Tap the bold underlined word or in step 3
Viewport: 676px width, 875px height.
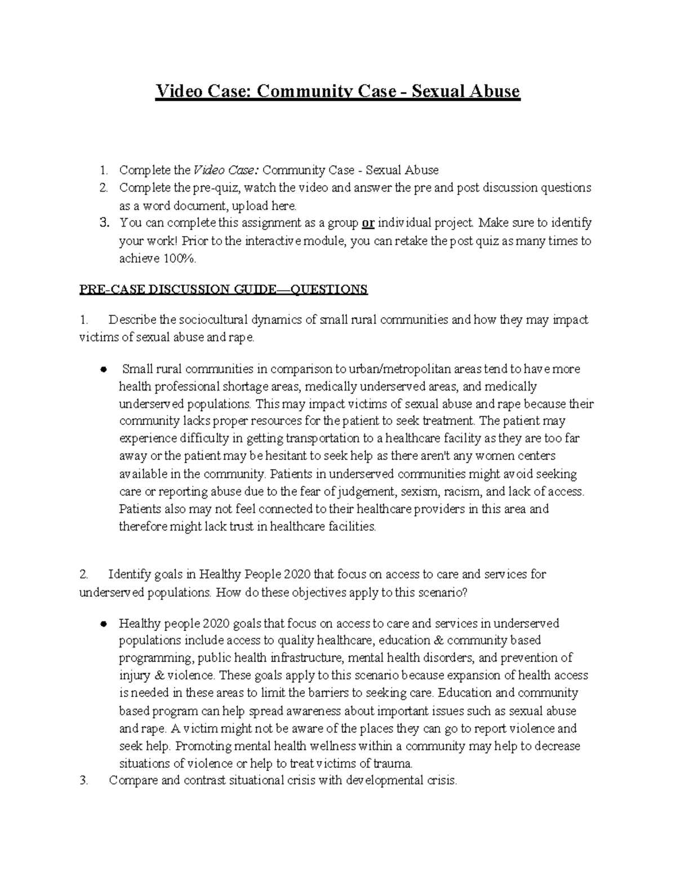pyautogui.click(x=368, y=223)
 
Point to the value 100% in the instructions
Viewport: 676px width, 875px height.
pyautogui.click(x=179, y=258)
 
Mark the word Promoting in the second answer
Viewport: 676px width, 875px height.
pyautogui.click(x=202, y=746)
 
